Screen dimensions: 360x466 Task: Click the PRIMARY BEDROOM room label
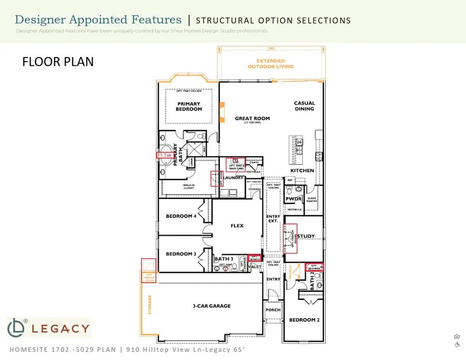click(x=188, y=106)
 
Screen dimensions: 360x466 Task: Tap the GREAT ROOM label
click(x=252, y=119)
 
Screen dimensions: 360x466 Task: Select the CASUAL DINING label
click(x=304, y=106)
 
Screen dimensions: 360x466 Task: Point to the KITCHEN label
click(x=302, y=170)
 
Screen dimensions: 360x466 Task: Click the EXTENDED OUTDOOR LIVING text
click(x=270, y=64)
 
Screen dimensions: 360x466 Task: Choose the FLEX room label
click(x=237, y=226)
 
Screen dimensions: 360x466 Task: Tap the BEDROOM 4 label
click(x=181, y=217)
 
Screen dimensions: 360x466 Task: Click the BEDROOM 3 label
click(x=181, y=254)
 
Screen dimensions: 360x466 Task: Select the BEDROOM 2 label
click(x=304, y=320)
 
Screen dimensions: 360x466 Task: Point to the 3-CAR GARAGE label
click(x=208, y=306)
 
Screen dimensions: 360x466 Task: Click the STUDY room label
click(x=306, y=236)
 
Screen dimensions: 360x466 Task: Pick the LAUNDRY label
click(x=234, y=178)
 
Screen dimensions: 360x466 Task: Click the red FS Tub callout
click(x=164, y=155)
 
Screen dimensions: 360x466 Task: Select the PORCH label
click(x=273, y=310)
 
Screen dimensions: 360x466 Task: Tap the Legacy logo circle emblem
click(x=17, y=328)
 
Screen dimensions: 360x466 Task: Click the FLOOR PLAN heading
click(x=58, y=62)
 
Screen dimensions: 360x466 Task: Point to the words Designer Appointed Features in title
click(x=98, y=20)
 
